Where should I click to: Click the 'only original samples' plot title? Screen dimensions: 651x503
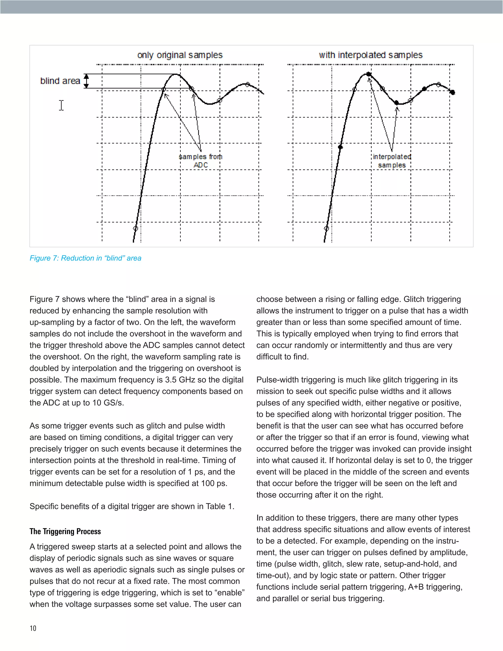tap(180, 55)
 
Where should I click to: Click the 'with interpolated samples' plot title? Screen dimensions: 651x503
tap(370, 55)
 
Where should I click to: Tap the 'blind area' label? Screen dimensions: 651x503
tap(60, 81)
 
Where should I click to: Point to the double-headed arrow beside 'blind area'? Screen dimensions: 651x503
tap(86, 81)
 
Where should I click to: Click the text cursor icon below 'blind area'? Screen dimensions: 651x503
tap(61, 105)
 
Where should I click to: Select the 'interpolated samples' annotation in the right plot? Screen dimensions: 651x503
tap(391, 161)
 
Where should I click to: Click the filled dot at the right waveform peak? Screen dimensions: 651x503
tap(369, 74)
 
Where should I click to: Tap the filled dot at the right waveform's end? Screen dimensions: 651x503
tap(452, 92)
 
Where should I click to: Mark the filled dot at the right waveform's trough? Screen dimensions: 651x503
tap(396, 102)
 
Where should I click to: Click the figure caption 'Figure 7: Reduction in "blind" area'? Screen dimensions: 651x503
tap(85, 258)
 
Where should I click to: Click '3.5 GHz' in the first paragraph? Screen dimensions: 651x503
tap(179, 380)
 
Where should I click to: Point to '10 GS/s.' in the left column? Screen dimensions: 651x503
tap(108, 403)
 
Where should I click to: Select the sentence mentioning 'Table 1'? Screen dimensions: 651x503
tap(132, 507)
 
